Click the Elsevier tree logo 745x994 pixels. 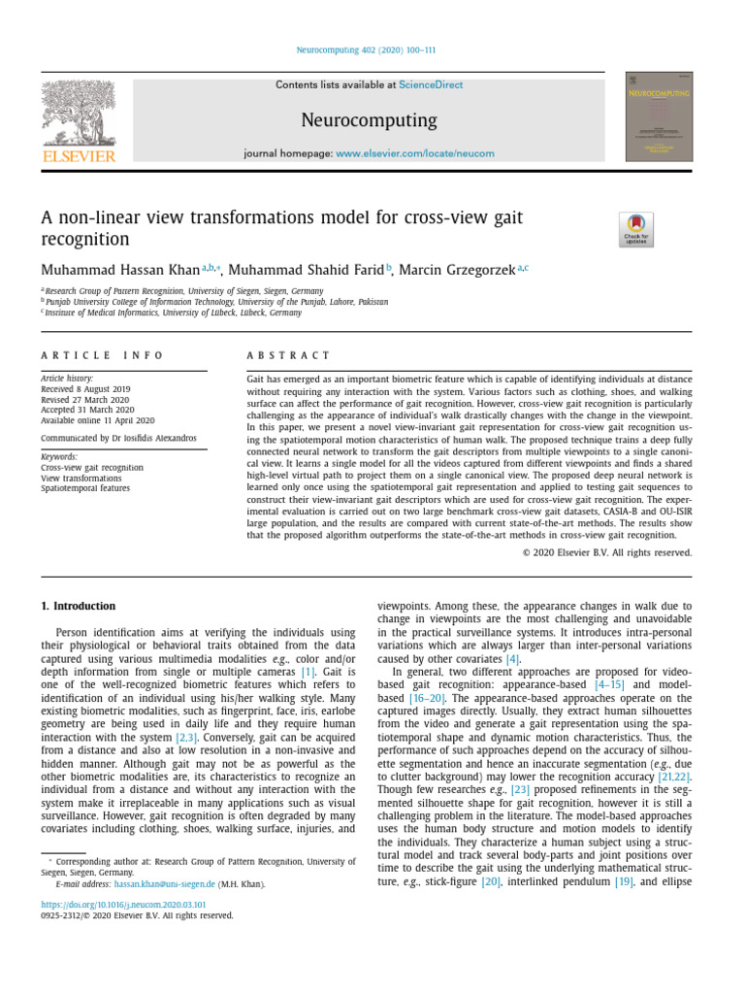(78, 116)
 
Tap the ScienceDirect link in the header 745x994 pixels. (431, 85)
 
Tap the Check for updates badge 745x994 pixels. (636, 230)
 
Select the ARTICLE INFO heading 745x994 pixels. (103, 356)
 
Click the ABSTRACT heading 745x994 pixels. (289, 356)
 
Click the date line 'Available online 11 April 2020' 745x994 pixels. (97, 420)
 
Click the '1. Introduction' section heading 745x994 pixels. (78, 606)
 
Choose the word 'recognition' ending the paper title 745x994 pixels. (84, 239)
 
